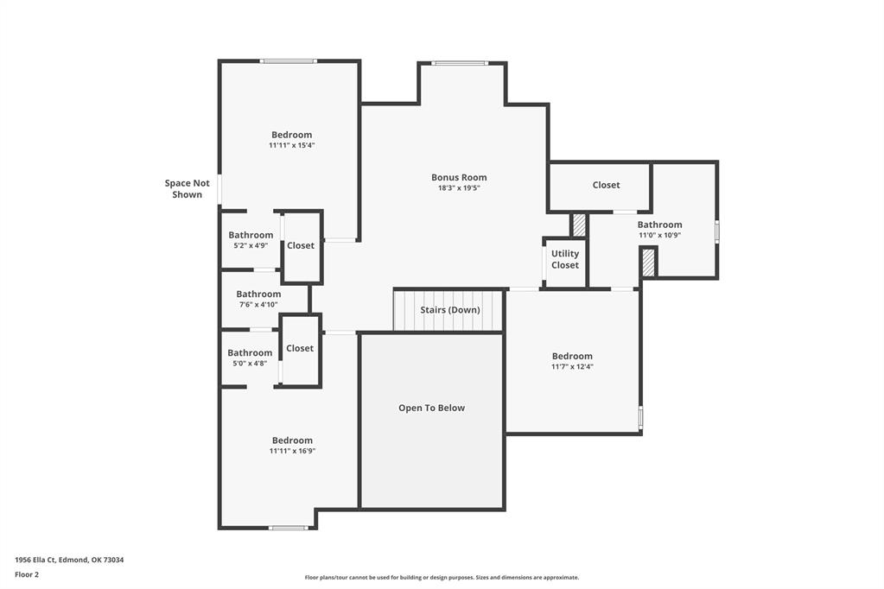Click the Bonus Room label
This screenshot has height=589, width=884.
(459, 178)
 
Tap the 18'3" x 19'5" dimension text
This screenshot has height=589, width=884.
(459, 188)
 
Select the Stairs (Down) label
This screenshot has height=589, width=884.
(450, 310)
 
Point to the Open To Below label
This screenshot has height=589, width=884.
(432, 408)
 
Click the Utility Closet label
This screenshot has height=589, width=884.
(565, 259)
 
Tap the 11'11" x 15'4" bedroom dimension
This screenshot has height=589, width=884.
(291, 145)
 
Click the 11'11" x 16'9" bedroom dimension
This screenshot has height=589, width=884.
(292, 451)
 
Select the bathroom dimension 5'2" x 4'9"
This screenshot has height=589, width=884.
(251, 246)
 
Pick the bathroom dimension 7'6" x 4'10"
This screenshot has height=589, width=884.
(258, 305)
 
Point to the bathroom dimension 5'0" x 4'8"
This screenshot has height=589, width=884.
(250, 364)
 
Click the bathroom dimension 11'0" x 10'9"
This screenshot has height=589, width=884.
(659, 236)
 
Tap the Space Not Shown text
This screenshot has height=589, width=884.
(188, 189)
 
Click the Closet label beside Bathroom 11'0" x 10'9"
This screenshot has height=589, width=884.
(606, 185)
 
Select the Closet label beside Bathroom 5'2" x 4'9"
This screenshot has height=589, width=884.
(301, 246)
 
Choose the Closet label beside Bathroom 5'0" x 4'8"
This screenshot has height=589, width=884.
(300, 348)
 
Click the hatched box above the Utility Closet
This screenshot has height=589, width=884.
(579, 225)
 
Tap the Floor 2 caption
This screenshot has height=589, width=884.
(27, 574)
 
